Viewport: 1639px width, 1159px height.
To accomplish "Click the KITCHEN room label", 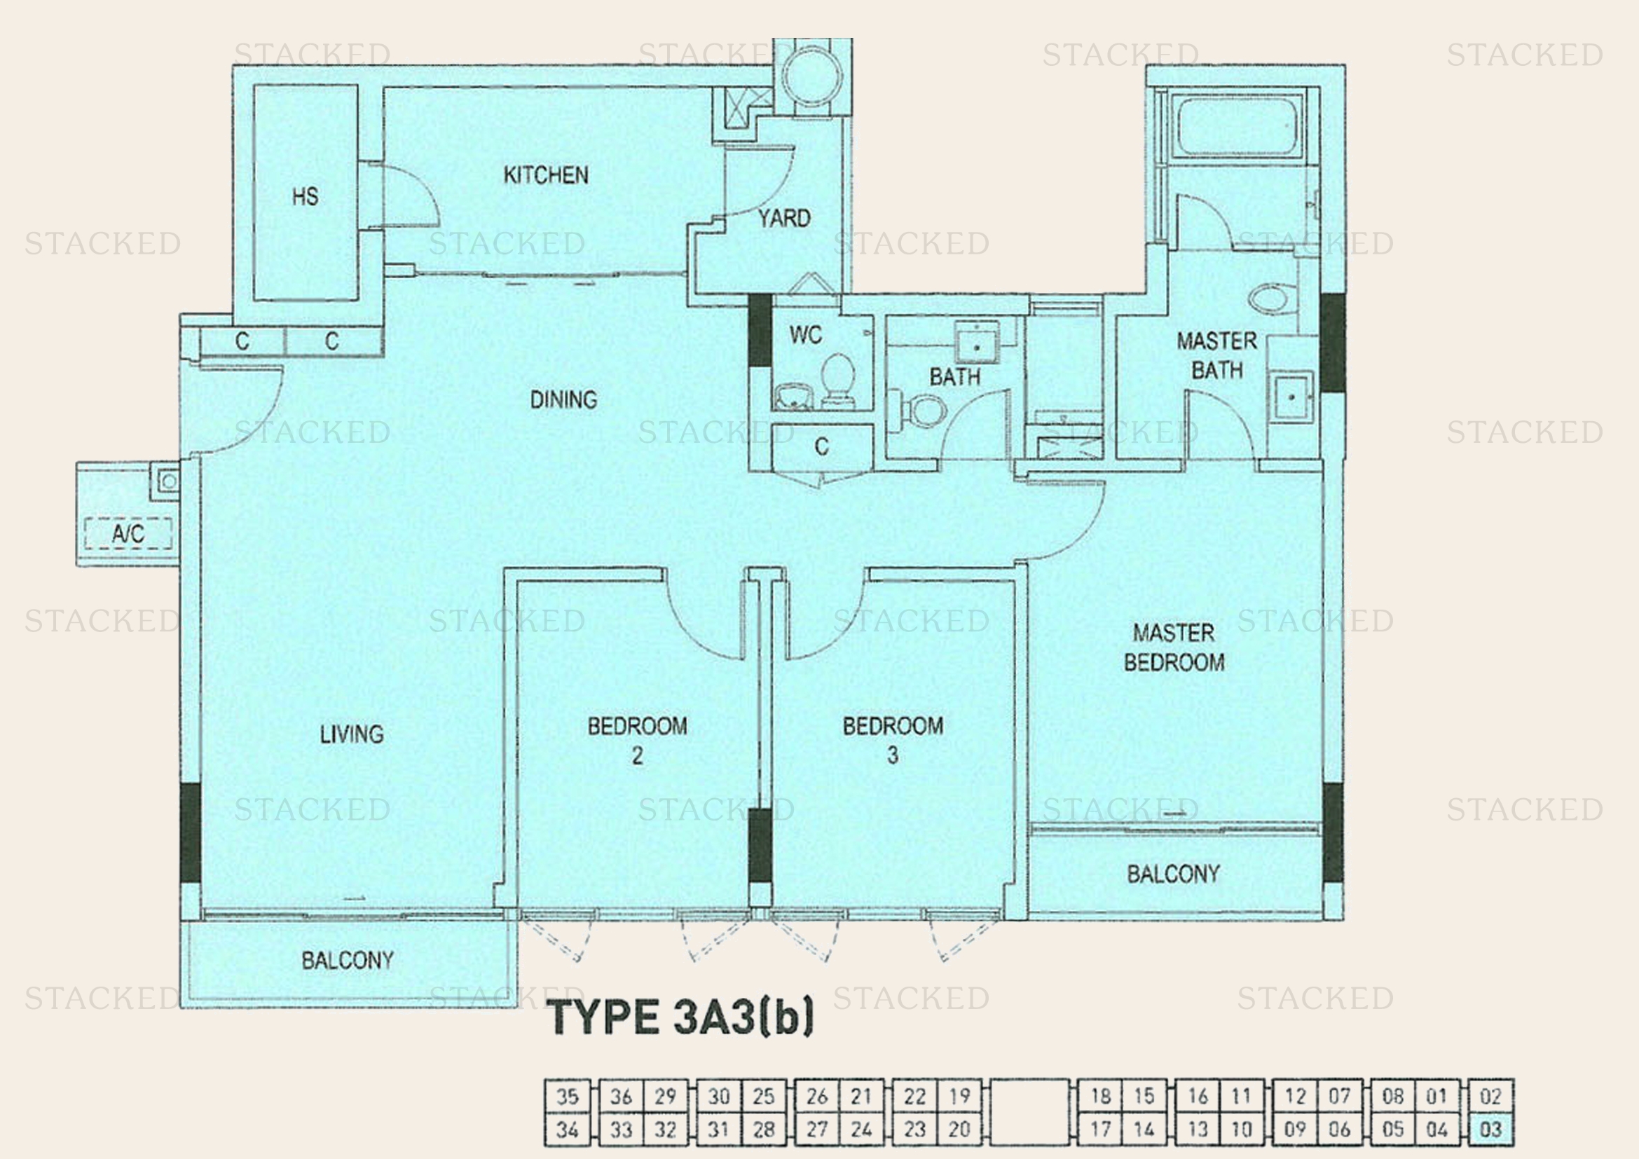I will (x=545, y=175).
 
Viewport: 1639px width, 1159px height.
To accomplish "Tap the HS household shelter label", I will (x=305, y=196).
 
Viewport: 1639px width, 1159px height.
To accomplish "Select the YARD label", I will (x=784, y=219).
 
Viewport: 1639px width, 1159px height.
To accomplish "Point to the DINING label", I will (x=563, y=399).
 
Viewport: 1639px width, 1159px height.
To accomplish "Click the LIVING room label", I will (x=351, y=734).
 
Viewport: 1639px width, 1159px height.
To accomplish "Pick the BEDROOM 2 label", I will (x=637, y=740).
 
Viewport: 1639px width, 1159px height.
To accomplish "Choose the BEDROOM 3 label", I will (x=892, y=740).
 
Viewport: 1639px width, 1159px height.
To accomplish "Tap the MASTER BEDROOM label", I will (x=1174, y=647).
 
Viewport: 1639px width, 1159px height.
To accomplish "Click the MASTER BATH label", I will (x=1216, y=355).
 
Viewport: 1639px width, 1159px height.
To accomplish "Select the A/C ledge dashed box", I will (x=128, y=533).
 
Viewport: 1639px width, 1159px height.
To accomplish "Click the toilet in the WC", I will (x=838, y=378).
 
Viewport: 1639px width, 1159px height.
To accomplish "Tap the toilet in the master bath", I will (x=1270, y=299).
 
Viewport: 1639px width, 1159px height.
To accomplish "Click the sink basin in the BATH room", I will (x=976, y=347).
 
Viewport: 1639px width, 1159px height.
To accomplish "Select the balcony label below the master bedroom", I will (x=1173, y=875).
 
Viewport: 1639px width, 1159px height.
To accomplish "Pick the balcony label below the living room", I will (x=347, y=961).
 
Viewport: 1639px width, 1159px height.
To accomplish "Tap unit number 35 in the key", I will (x=567, y=1096).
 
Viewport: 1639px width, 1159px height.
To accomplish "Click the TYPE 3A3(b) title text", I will (x=682, y=1017).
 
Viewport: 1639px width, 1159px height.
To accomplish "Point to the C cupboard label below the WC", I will (x=822, y=447).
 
